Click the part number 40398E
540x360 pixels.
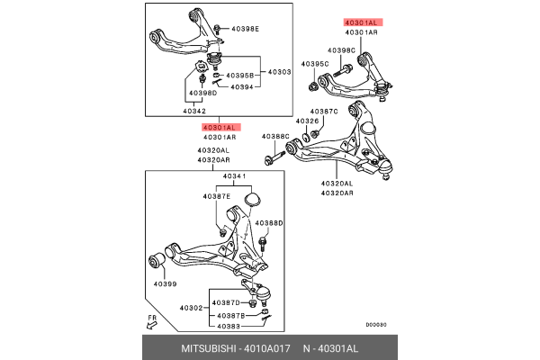pyautogui.click(x=245, y=29)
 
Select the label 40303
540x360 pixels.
pyautogui.click(x=278, y=70)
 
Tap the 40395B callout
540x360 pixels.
pyautogui.click(x=239, y=76)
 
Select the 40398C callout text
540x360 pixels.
pyautogui.click(x=341, y=50)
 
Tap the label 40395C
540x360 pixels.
pyautogui.click(x=314, y=64)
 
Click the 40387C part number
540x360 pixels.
pyautogui.click(x=323, y=111)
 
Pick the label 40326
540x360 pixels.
pyautogui.click(x=308, y=121)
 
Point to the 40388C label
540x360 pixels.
pyautogui.click(x=275, y=137)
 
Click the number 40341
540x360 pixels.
pyautogui.click(x=234, y=176)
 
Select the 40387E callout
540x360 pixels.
pyautogui.click(x=216, y=195)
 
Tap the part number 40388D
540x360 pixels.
pyautogui.click(x=268, y=222)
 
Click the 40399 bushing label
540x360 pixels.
pyautogui.click(x=165, y=284)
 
